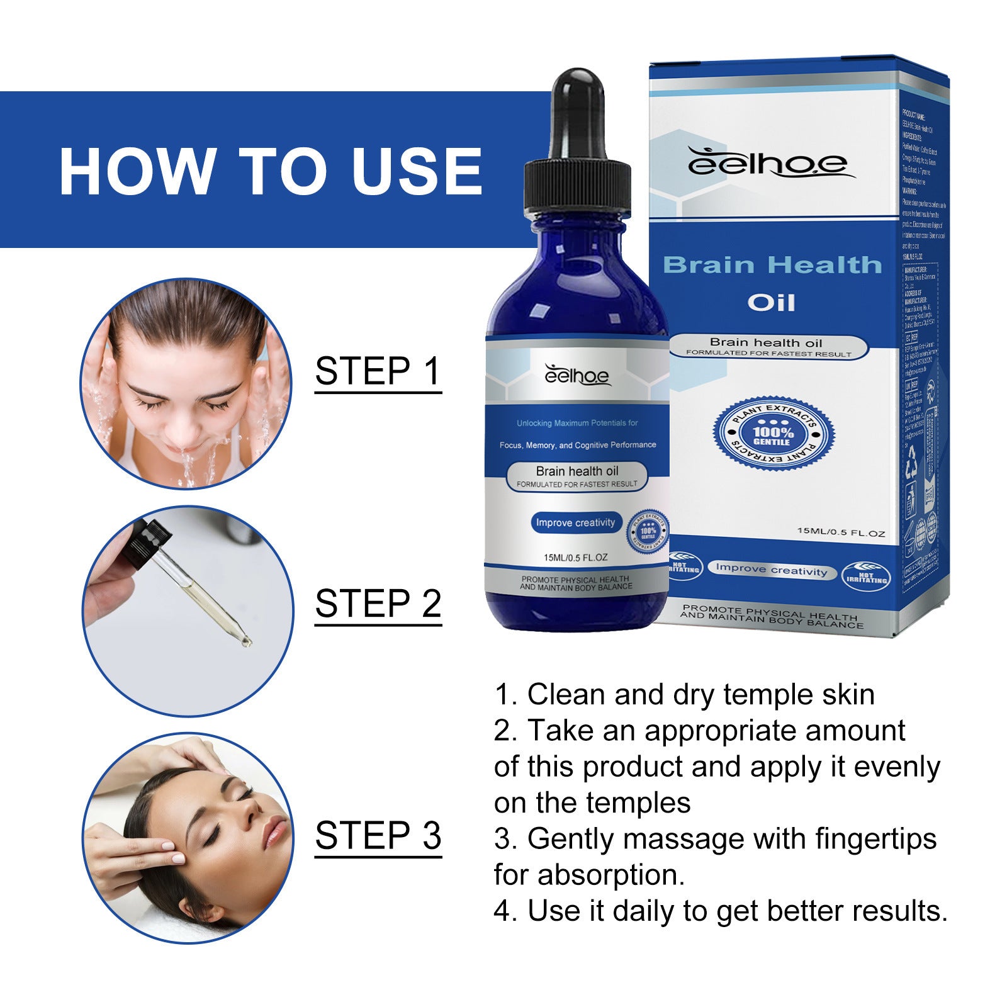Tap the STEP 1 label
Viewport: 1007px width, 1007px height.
(x=378, y=371)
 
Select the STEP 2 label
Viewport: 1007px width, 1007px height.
(x=378, y=604)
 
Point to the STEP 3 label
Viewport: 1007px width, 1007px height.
(x=378, y=836)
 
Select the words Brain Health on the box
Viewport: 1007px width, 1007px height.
(x=772, y=265)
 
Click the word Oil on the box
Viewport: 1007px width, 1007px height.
(x=771, y=303)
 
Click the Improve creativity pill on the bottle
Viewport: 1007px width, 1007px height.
(x=575, y=522)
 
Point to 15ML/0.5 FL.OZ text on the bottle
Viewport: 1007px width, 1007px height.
(x=575, y=558)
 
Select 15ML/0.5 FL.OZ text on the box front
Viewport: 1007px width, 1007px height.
(x=841, y=532)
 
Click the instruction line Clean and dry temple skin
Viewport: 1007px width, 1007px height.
(x=685, y=695)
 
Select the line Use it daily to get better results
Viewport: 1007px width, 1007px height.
(x=721, y=911)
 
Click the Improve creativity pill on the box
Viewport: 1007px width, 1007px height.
(x=771, y=570)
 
